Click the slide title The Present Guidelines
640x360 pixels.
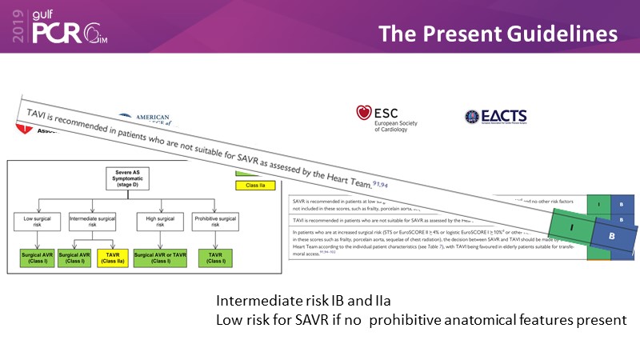(x=498, y=34)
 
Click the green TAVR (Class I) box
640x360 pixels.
(x=214, y=258)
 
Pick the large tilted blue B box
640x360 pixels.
(x=612, y=238)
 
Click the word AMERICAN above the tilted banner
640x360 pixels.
(x=147, y=117)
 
